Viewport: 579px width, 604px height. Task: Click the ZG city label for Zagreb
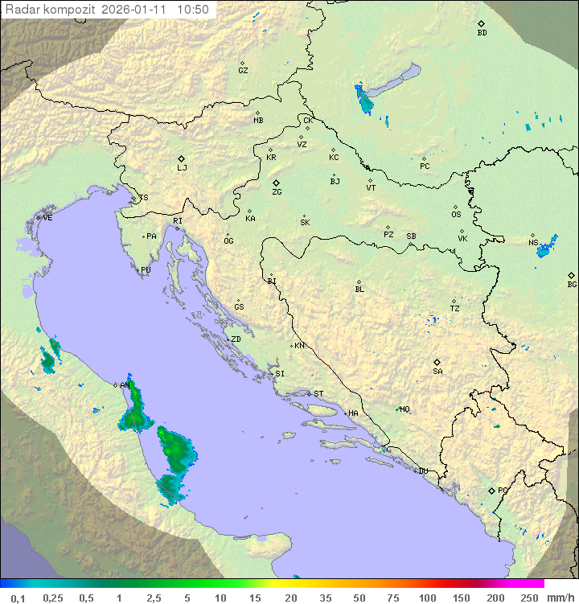pyautogui.click(x=277, y=192)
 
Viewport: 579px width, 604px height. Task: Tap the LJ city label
pyautogui.click(x=182, y=168)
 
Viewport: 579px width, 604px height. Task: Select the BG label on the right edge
pyautogui.click(x=572, y=284)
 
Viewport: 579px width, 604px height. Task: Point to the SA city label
pyautogui.click(x=437, y=371)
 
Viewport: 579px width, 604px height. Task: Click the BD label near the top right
pyautogui.click(x=482, y=33)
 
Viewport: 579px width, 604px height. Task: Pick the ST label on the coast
pyautogui.click(x=318, y=394)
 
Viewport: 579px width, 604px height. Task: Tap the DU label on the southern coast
pyautogui.click(x=422, y=471)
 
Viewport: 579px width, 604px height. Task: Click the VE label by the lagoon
pyautogui.click(x=47, y=218)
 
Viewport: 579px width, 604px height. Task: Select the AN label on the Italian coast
pyautogui.click(x=125, y=385)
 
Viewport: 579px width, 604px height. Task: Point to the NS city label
pyautogui.click(x=533, y=243)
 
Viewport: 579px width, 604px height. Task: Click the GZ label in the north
pyautogui.click(x=243, y=71)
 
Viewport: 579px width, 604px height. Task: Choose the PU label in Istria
pyautogui.click(x=146, y=270)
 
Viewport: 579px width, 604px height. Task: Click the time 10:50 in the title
pyautogui.click(x=193, y=10)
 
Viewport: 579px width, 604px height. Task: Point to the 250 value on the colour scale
pyautogui.click(x=528, y=598)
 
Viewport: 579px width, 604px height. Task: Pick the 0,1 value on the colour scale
pyautogui.click(x=18, y=598)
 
